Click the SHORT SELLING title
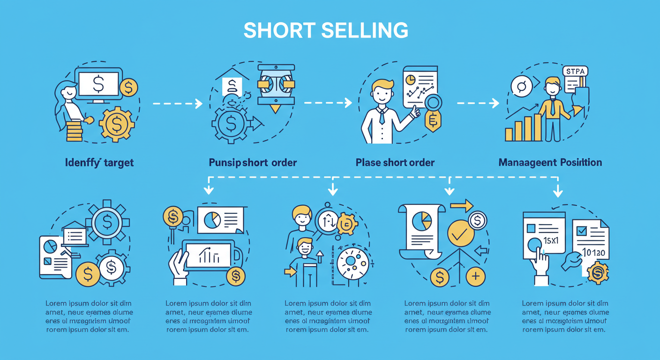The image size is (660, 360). [x=326, y=30]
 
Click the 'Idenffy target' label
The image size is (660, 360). [x=99, y=163]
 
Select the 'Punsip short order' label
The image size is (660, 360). [x=253, y=163]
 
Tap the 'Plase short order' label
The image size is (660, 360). [x=395, y=163]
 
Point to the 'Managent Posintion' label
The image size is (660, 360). [x=550, y=163]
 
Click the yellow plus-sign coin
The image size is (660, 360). [x=476, y=276]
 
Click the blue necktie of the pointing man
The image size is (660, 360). [x=382, y=115]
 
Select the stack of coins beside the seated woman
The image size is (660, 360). [x=74, y=131]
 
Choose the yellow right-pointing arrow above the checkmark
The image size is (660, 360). [x=462, y=205]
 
